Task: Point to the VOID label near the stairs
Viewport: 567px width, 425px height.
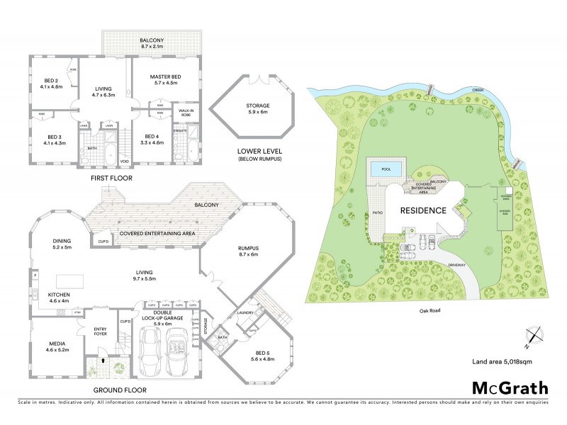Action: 125,160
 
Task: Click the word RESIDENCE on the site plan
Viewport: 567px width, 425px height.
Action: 422,210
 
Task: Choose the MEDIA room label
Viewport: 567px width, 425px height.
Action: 57,346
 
